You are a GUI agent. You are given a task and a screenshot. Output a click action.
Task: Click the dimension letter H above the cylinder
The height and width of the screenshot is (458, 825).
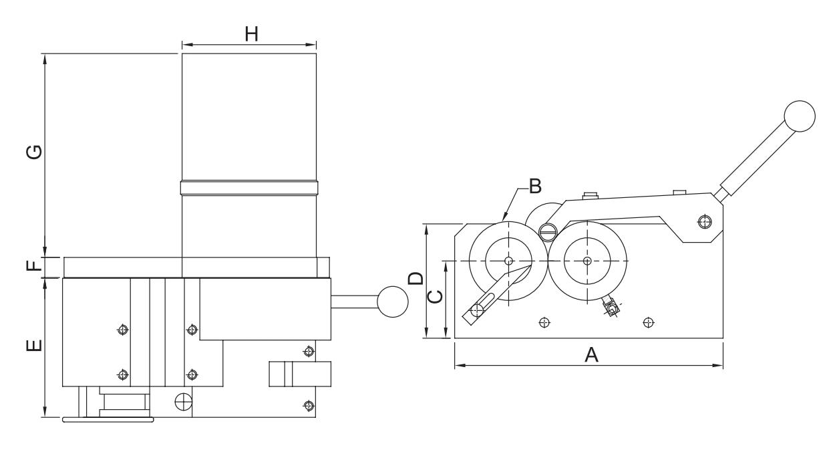[x=251, y=34]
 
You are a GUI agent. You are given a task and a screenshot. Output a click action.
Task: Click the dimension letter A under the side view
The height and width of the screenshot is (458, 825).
[x=591, y=355]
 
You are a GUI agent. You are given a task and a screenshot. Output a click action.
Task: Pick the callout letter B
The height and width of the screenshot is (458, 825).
[x=534, y=187]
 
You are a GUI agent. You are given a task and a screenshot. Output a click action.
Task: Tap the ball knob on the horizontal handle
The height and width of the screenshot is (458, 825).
[x=392, y=302]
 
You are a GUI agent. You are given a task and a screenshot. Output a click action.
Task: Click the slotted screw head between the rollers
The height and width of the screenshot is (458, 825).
[x=547, y=232]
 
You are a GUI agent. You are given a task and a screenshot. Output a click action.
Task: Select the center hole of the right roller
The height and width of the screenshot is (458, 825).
[x=587, y=260]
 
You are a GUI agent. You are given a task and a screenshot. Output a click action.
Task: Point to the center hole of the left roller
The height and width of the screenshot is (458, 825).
[x=508, y=260]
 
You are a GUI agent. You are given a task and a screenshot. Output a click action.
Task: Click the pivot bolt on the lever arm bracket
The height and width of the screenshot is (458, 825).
[x=703, y=221]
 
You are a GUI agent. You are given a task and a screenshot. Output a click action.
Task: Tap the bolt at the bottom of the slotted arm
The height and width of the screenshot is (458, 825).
[x=476, y=310]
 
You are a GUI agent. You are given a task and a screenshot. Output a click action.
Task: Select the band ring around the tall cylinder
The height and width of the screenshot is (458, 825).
[x=249, y=188]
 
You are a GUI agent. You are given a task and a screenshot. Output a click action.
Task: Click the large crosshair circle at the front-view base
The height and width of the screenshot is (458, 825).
[x=182, y=401]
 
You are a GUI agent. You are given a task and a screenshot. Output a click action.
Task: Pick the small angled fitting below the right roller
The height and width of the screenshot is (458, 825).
[x=611, y=307]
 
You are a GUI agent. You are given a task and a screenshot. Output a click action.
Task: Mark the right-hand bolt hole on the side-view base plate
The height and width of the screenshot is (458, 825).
[x=647, y=323]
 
